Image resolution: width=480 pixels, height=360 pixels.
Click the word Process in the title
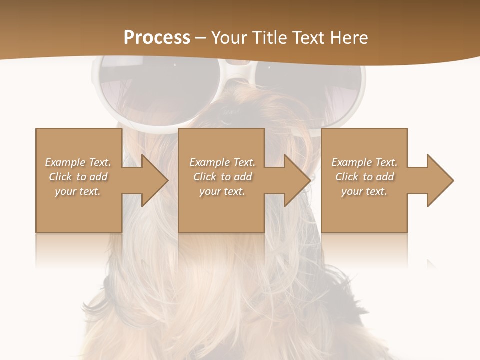pos(157,38)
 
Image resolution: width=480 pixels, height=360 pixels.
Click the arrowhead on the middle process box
pos(294,180)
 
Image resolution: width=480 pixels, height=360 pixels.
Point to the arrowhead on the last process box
pos(437,180)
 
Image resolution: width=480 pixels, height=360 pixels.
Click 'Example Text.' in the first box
pos(78,162)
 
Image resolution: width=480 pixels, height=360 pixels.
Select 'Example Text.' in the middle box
pos(222,162)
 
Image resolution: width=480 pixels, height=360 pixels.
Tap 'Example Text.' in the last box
pos(364,162)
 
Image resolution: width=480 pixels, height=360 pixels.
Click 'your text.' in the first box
pos(78,191)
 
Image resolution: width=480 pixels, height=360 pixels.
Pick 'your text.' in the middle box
pos(222,191)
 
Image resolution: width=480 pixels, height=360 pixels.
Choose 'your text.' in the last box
pos(364,191)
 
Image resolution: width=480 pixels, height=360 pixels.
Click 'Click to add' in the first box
pos(78,177)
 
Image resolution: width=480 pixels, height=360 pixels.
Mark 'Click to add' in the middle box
pos(222,177)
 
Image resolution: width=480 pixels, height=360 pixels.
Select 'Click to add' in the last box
pos(364,177)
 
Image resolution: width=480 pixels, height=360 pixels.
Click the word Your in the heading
pos(229,38)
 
